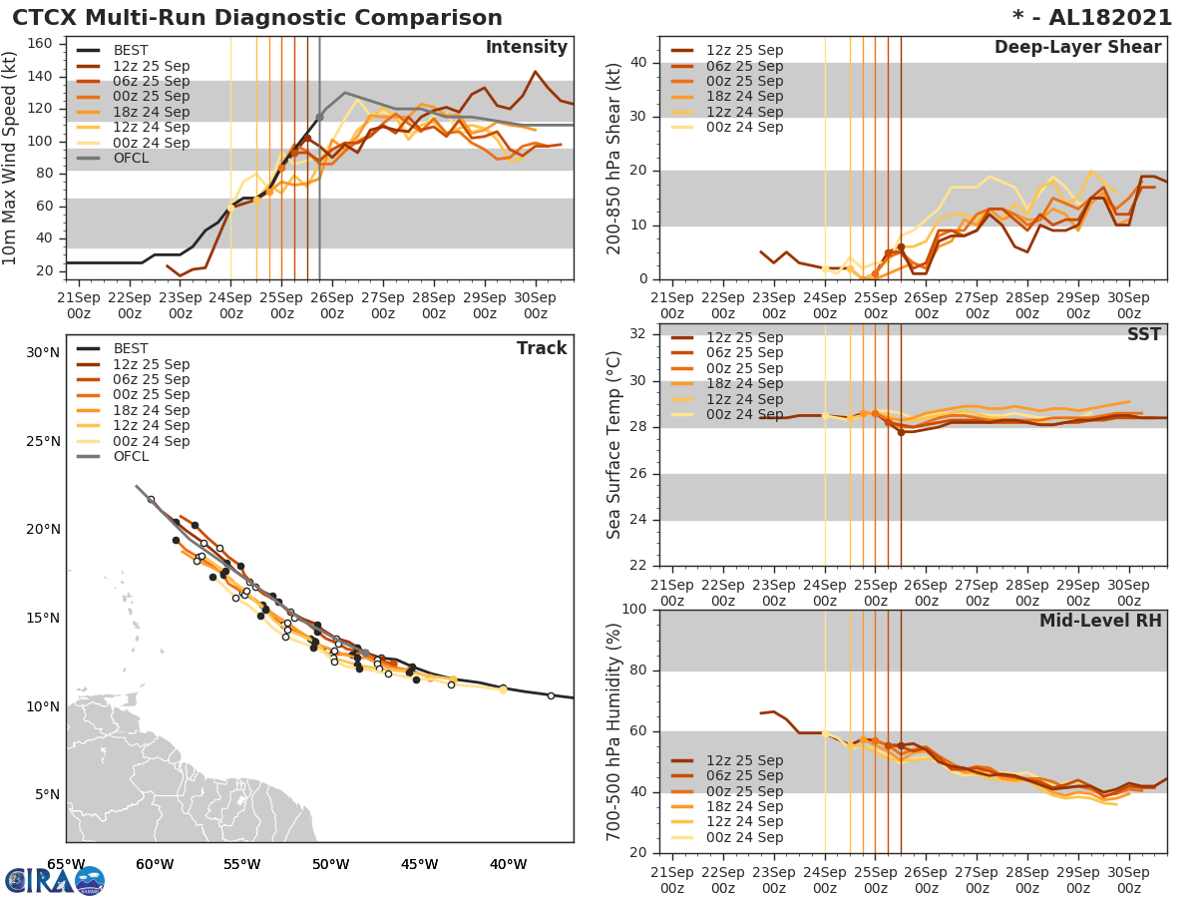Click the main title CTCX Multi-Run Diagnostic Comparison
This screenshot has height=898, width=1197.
pyautogui.click(x=257, y=18)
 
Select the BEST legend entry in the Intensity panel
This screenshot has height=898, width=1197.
pyautogui.click(x=131, y=51)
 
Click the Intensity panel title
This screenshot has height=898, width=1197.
pyautogui.click(x=526, y=48)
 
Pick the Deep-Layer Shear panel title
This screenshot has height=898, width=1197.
pyautogui.click(x=1077, y=48)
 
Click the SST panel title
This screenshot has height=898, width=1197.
pyautogui.click(x=1144, y=335)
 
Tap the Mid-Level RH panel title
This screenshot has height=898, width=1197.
pyautogui.click(x=1100, y=622)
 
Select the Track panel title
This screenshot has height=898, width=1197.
pyautogui.click(x=542, y=349)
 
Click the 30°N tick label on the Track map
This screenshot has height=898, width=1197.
pyautogui.click(x=43, y=352)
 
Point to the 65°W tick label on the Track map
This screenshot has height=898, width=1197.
pyautogui.click(x=66, y=864)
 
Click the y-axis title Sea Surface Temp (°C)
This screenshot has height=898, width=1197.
pyautogui.click(x=614, y=445)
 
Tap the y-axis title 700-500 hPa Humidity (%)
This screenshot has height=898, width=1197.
pyautogui.click(x=614, y=730)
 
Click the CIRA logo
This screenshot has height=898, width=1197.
pyautogui.click(x=55, y=880)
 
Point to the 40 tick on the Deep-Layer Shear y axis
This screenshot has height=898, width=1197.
pyautogui.click(x=638, y=63)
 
